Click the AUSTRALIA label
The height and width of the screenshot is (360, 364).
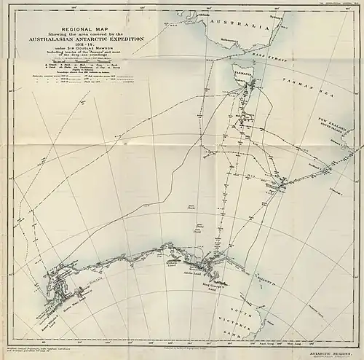(232, 23)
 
